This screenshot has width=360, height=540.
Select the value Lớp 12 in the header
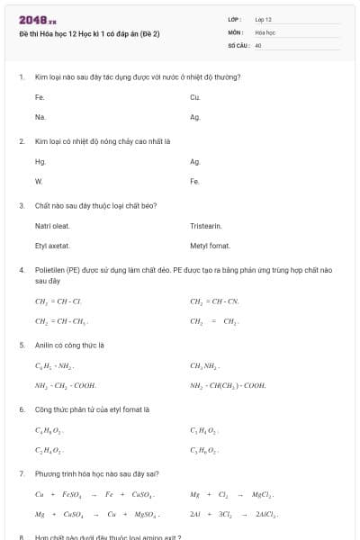(263, 19)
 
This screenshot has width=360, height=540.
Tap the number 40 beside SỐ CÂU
(258, 44)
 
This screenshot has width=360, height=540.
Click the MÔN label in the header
(236, 31)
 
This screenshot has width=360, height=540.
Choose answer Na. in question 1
(40, 117)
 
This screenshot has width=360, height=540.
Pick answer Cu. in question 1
(195, 96)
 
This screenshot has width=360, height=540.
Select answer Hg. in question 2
(40, 162)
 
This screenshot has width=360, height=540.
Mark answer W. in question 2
(39, 182)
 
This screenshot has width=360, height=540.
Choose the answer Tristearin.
(206, 226)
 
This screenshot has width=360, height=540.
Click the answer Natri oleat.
(52, 226)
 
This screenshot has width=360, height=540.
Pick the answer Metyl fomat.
(211, 246)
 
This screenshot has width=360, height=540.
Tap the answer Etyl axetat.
(52, 246)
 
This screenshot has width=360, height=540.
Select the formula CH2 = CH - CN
(214, 301)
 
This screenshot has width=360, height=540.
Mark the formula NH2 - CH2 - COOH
(66, 385)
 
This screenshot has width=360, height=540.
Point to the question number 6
(22, 409)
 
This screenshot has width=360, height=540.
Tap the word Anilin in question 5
(46, 345)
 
